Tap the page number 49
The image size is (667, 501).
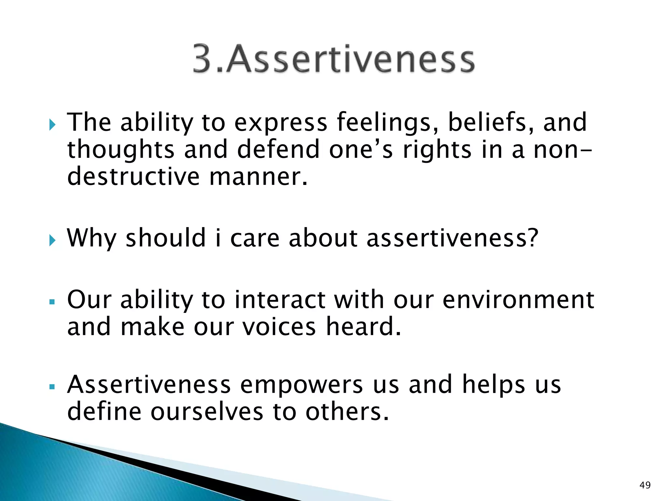(x=645, y=485)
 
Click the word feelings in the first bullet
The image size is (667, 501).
(x=388, y=123)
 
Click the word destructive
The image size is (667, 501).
(x=133, y=177)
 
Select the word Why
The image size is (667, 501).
(x=92, y=238)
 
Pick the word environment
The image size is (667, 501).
(x=518, y=299)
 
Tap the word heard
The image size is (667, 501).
(x=363, y=327)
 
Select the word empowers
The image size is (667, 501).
(x=301, y=385)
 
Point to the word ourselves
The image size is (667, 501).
(x=206, y=412)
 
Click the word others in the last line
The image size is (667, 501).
(x=347, y=412)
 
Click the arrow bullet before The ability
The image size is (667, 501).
(x=52, y=125)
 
